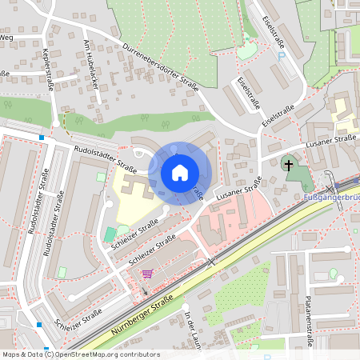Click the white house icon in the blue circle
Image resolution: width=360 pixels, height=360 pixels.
(x=180, y=173)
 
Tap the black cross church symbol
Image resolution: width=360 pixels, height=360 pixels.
(x=288, y=165)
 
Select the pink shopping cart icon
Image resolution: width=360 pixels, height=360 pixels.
(x=146, y=274)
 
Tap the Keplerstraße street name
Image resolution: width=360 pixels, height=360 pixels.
(x=46, y=70)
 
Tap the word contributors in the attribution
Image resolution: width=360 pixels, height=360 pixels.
(x=138, y=354)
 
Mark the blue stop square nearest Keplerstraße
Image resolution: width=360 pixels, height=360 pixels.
(x=42, y=138)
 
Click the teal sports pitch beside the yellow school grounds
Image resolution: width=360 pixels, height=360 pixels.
(x=109, y=235)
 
